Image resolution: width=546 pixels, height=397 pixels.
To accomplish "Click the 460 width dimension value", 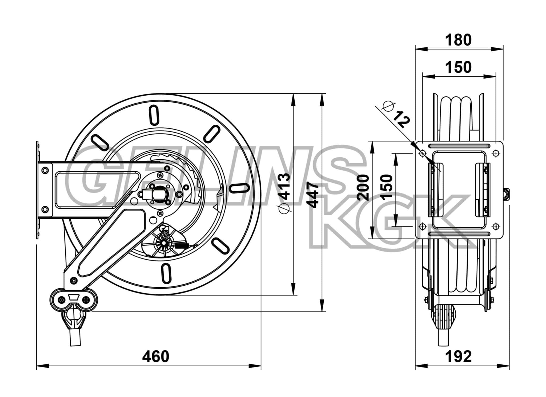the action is (x=156, y=357).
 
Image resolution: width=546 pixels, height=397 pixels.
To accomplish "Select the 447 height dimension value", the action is (x=312, y=195).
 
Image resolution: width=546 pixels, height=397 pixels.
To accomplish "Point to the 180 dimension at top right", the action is (x=458, y=40).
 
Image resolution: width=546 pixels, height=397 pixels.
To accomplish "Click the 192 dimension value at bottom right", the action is (x=458, y=357).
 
